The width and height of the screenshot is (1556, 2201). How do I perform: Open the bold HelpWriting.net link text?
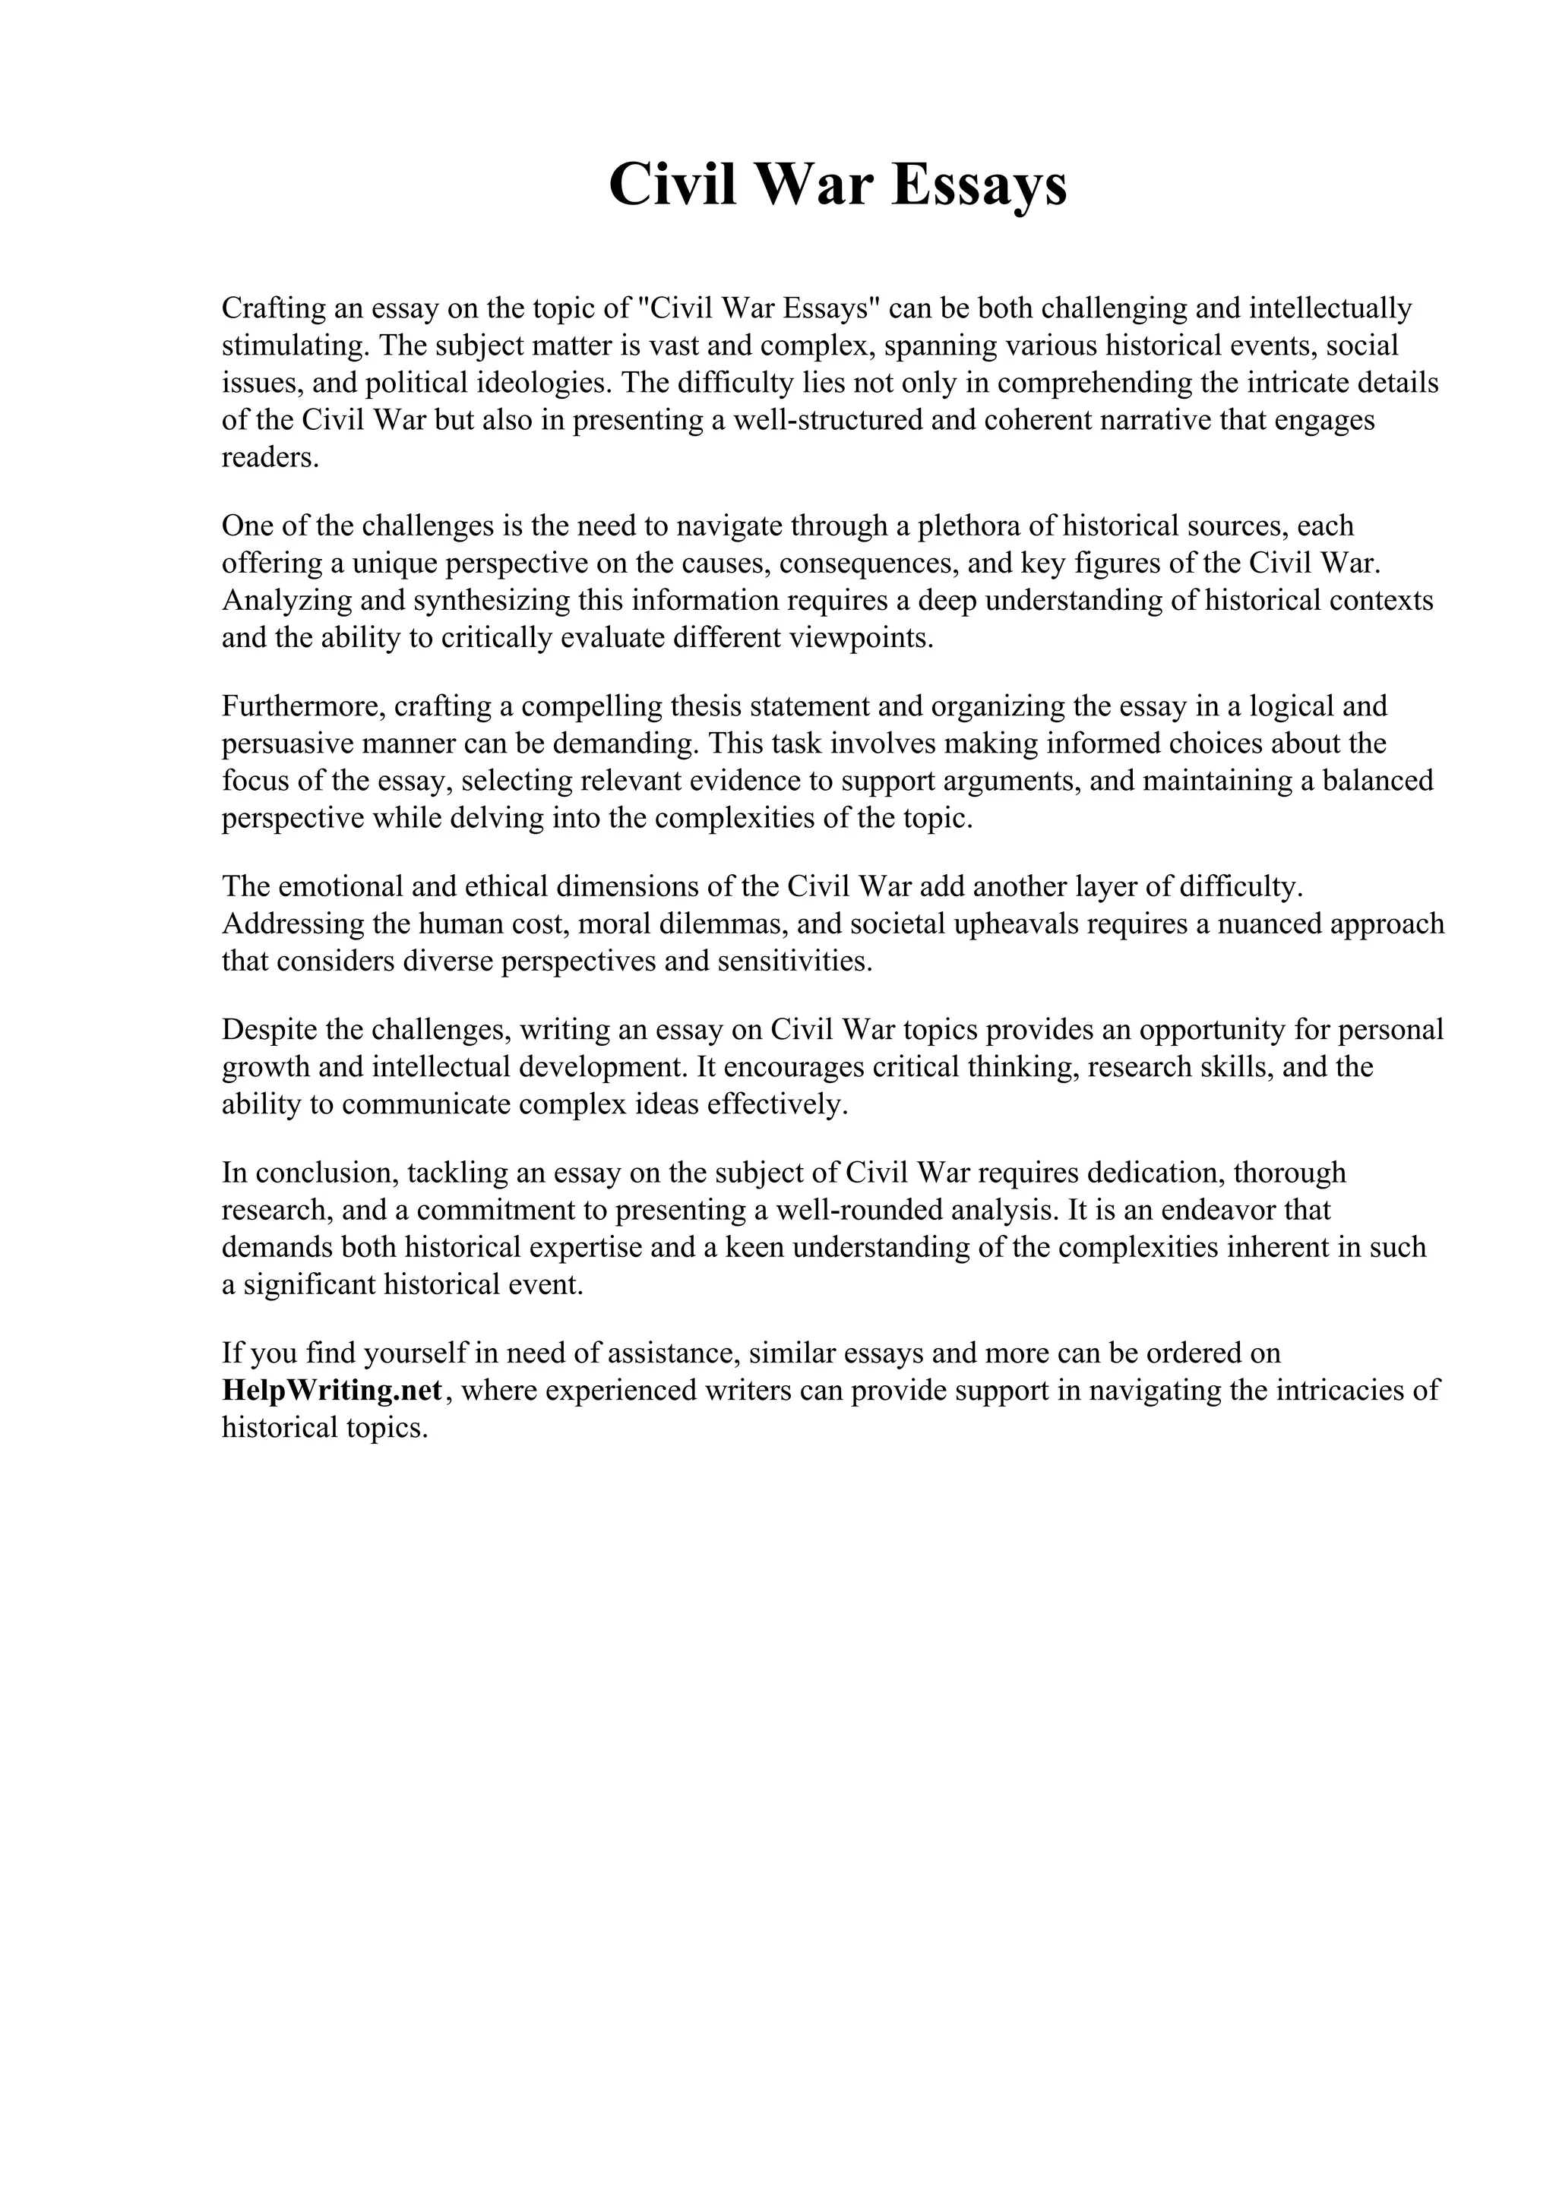point(332,1390)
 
